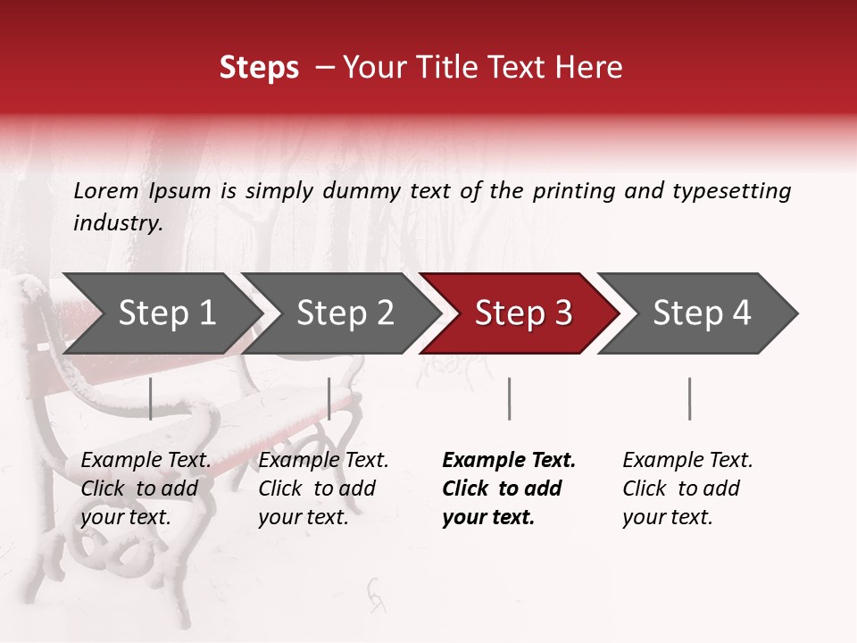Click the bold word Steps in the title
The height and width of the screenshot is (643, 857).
[259, 68]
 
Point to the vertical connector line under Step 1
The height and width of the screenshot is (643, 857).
[151, 398]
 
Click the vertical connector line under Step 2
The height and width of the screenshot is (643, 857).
[329, 398]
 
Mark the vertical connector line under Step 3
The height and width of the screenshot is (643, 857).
[509, 398]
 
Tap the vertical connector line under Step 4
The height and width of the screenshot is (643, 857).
[689, 398]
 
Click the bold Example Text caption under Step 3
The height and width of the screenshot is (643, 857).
[509, 489]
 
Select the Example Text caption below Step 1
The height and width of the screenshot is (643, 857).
[146, 489]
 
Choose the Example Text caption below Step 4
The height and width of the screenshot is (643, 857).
[687, 489]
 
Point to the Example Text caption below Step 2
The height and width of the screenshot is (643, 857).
[323, 489]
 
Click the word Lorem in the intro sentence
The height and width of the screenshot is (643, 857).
[106, 190]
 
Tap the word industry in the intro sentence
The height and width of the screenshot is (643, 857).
[117, 223]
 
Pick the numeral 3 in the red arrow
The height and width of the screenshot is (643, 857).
[562, 313]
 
